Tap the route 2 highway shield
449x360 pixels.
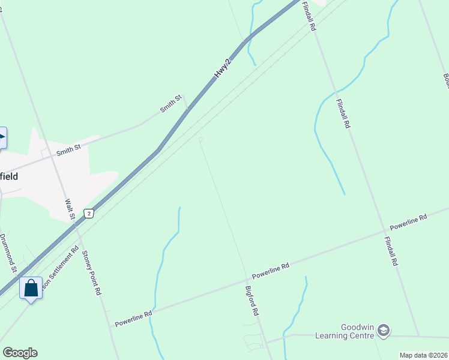pos(89,214)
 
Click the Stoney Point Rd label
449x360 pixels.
pos(92,273)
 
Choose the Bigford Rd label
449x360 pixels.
pos(252,301)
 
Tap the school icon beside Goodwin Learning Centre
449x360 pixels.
pos(384,331)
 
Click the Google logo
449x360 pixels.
pos(20,352)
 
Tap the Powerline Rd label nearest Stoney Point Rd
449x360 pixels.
pos(134,318)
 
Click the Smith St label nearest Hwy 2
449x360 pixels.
pos(170,104)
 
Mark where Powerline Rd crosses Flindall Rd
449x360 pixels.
pos(385,230)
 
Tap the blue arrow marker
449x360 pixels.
pos(2,138)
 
